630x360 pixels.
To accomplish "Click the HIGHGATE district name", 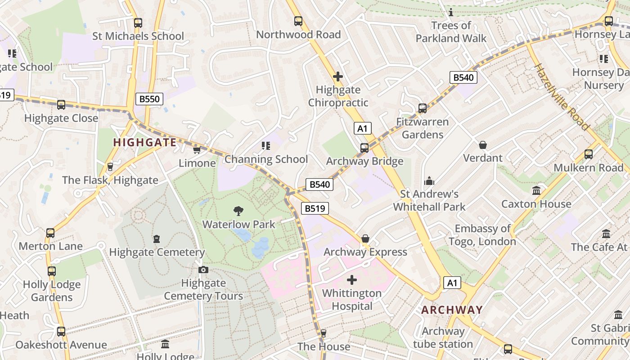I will click(x=144, y=143).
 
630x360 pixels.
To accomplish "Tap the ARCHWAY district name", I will click(x=452, y=310).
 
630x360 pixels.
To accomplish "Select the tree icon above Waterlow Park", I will click(x=238, y=211).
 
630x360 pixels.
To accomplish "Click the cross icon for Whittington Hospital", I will click(x=352, y=280).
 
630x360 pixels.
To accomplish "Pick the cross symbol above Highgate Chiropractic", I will click(x=338, y=76).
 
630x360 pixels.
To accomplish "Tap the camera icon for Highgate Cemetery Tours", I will click(x=203, y=270).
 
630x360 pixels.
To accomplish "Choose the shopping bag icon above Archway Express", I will click(x=365, y=238).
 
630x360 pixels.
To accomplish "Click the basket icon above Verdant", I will click(x=483, y=144).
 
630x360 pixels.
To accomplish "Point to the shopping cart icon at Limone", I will click(x=197, y=150).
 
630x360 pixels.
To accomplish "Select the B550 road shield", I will click(x=149, y=99).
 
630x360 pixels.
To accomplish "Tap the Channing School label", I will click(x=266, y=159).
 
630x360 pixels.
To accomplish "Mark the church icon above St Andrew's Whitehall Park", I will click(x=429, y=180).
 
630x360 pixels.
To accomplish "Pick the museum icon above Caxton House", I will click(x=536, y=190).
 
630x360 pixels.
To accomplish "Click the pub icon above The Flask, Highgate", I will click(x=110, y=167).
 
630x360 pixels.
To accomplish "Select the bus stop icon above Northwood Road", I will click(x=298, y=21).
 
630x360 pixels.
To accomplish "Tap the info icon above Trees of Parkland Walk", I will click(x=451, y=12).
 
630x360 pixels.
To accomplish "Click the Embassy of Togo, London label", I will click(x=482, y=235).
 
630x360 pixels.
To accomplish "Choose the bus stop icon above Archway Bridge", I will click(x=364, y=148).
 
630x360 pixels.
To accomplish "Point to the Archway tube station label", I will click(x=443, y=338).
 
